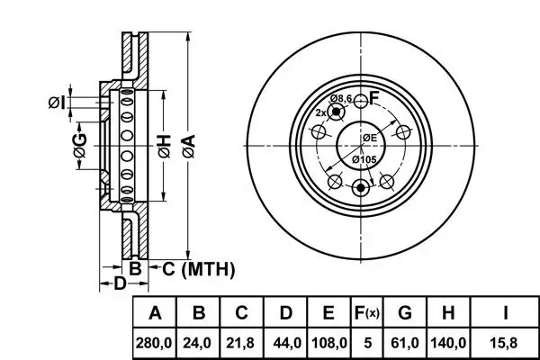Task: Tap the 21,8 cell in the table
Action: click(242, 343)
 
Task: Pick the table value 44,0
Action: click(285, 343)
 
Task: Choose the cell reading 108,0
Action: click(328, 343)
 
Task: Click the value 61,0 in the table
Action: click(405, 343)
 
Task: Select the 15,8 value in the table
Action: click(505, 343)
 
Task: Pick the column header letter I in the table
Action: click(505, 314)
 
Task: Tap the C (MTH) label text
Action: click(198, 267)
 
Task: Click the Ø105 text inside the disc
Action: click(364, 159)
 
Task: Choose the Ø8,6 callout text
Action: click(340, 97)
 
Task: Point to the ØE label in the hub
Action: click(370, 137)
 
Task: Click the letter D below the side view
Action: click(119, 285)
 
